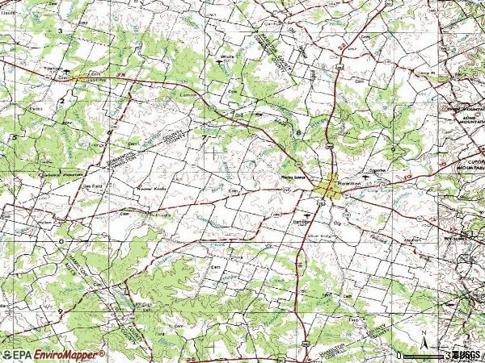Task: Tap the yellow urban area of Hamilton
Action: pos(329,187)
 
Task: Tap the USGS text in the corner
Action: pos(466,354)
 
